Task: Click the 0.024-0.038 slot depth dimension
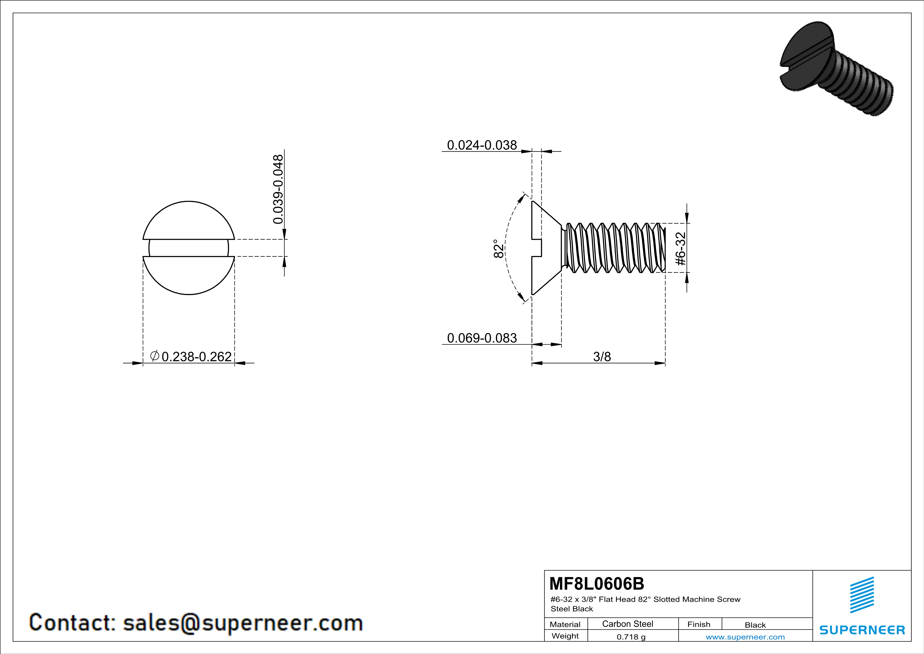[482, 145]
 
